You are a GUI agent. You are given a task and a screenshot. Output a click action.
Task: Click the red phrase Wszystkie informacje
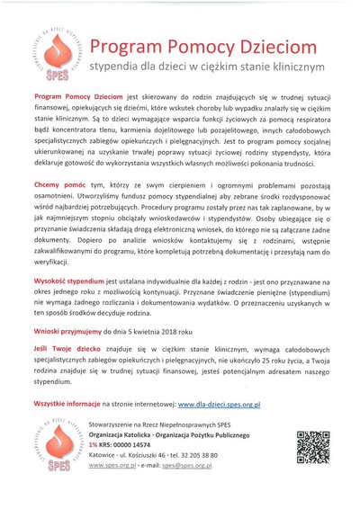pos(67,406)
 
